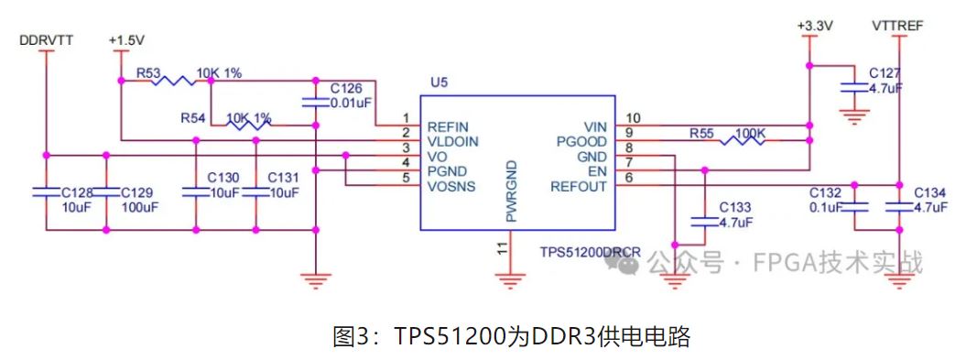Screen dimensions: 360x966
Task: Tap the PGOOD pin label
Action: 582,141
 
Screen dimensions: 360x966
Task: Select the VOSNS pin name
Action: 450,187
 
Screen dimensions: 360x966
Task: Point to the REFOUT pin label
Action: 578,187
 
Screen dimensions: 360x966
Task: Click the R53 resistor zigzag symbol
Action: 174,81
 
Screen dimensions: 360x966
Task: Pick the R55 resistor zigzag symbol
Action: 743,141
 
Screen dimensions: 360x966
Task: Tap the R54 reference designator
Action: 193,118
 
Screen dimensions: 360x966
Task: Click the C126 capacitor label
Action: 345,89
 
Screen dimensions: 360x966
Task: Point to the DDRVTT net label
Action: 46,41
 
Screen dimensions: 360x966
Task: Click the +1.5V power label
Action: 127,41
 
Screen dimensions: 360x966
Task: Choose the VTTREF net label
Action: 898,27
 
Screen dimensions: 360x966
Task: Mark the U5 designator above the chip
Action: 439,82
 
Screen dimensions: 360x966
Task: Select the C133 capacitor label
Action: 735,207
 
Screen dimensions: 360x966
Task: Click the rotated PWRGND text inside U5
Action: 512,191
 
